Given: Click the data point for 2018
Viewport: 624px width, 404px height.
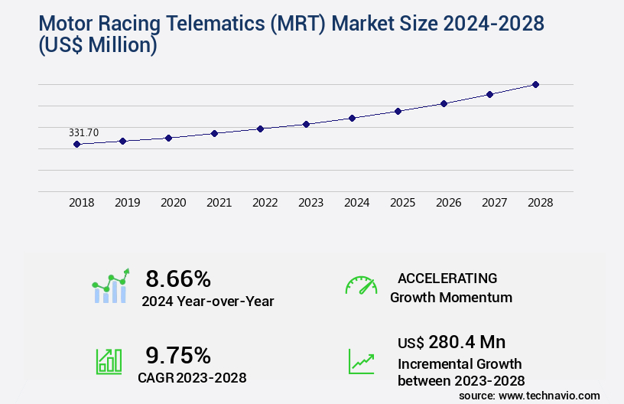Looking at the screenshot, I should click(x=77, y=144).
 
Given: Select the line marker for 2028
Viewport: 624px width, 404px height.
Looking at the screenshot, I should click(x=535, y=84).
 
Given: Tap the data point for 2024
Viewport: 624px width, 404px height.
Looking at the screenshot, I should click(x=352, y=118).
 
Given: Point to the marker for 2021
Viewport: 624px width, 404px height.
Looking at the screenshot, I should click(x=215, y=133).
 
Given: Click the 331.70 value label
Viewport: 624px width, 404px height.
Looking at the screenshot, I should click(x=83, y=132).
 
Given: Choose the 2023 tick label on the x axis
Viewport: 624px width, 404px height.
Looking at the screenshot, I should click(x=310, y=203).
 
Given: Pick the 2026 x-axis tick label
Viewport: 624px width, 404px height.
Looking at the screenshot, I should click(x=448, y=203).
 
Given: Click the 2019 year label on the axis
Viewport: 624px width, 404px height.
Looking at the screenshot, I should click(x=127, y=203).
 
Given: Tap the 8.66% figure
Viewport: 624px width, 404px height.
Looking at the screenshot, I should click(x=178, y=279).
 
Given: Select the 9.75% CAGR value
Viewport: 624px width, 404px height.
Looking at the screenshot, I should click(x=178, y=354).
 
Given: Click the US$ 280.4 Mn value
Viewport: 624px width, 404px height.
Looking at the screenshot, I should click(x=451, y=342).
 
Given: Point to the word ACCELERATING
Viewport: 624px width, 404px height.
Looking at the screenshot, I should click(x=447, y=278).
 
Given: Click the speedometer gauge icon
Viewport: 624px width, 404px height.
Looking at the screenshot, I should click(x=361, y=285).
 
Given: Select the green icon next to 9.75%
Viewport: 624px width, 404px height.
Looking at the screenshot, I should click(x=109, y=360).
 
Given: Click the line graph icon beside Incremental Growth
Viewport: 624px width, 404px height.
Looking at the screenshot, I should click(x=361, y=361).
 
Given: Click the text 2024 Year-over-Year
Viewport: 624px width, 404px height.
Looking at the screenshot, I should click(x=208, y=301).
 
